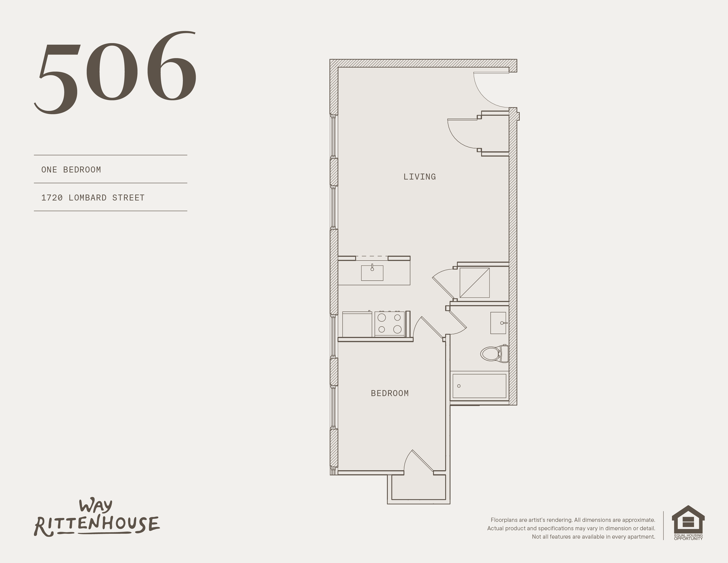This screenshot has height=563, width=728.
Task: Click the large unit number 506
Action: tap(116, 72)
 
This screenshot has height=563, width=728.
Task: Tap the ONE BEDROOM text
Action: tap(71, 170)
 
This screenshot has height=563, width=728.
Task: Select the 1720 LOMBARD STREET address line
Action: tap(93, 198)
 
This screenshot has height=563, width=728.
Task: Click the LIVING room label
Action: tap(419, 177)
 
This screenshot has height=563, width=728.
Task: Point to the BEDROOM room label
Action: tap(390, 393)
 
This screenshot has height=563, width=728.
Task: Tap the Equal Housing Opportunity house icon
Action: tap(688, 523)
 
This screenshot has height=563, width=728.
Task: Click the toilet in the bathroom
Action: tap(494, 354)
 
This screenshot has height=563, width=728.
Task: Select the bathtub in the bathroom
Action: tap(479, 386)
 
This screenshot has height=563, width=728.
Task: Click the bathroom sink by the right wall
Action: tap(499, 323)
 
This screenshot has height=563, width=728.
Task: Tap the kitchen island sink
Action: tap(372, 272)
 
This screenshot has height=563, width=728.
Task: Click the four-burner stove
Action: tap(389, 324)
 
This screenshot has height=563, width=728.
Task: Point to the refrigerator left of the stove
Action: tap(357, 324)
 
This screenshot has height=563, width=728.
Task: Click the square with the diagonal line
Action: tap(474, 283)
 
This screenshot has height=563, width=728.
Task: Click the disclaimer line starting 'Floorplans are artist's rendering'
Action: tap(573, 520)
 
